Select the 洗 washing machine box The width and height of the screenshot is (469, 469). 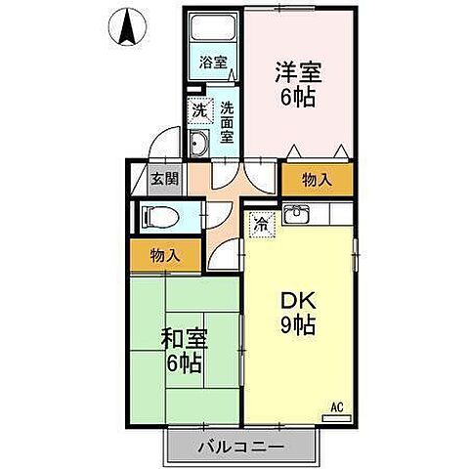(198, 110)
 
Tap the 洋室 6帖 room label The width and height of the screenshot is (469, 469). (298, 86)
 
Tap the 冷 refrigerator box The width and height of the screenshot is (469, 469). (261, 224)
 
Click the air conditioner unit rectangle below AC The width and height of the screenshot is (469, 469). (335, 417)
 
